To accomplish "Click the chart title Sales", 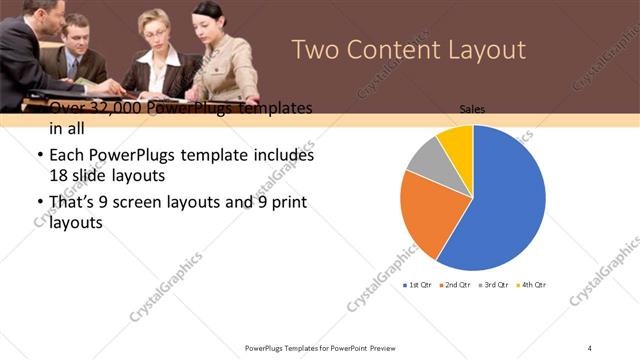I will tap(472, 108).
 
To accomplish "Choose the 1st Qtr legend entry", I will tap(417, 285).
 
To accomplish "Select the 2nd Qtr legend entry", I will tap(455, 285).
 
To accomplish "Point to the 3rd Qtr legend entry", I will tap(493, 285).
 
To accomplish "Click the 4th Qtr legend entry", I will tap(531, 285).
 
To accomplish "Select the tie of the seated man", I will tap(72, 68).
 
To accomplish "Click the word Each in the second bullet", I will tap(66, 156).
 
